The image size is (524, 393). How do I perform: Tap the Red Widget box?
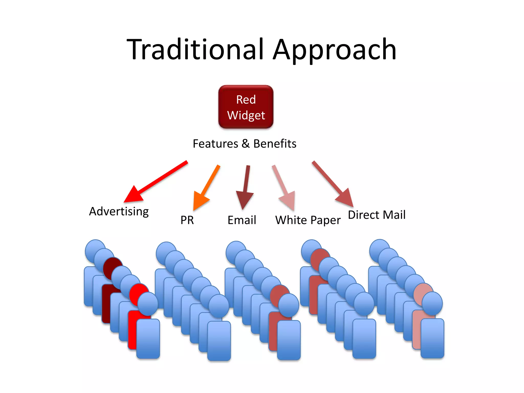pyautogui.click(x=246, y=107)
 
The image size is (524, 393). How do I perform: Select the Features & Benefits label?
pyautogui.click(x=244, y=144)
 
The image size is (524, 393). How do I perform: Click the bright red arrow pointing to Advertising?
pyautogui.click(x=156, y=182)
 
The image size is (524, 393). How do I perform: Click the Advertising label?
pyautogui.click(x=119, y=212)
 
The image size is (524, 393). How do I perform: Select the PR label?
pyautogui.click(x=187, y=220)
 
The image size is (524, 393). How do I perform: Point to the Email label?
pyautogui.click(x=242, y=220)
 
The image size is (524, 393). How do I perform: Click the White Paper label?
pyautogui.click(x=308, y=220)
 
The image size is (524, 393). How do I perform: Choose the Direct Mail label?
pyautogui.click(x=377, y=215)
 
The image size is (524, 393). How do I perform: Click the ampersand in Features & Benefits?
pyautogui.click(x=246, y=144)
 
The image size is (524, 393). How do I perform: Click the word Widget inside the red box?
pyautogui.click(x=246, y=115)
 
